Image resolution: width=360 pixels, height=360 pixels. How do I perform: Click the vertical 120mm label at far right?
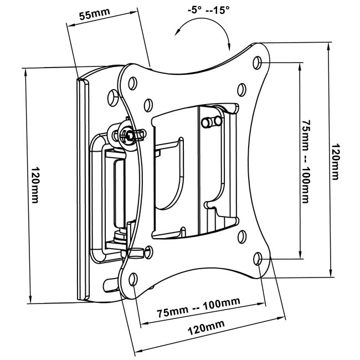(x=336, y=162)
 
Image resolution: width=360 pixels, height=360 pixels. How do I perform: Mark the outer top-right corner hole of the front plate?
(x=258, y=62)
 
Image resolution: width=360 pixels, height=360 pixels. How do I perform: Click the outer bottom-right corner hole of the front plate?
(x=259, y=259)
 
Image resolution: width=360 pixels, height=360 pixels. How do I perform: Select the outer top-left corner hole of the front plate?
(x=132, y=82)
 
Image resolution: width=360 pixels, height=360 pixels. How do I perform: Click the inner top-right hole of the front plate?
(x=241, y=88)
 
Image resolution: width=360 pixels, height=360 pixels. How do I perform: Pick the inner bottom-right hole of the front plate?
(x=241, y=238)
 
